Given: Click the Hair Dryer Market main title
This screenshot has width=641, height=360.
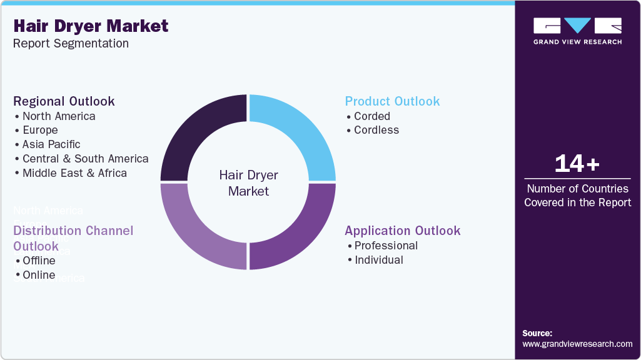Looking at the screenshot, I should [91, 26].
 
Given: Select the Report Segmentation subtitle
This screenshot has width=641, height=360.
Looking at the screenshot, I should [71, 44].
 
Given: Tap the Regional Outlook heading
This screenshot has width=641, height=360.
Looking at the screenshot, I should [64, 101].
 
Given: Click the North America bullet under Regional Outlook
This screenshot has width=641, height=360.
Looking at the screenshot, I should [59, 116].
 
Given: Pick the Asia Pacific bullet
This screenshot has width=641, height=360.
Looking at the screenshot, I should [51, 144].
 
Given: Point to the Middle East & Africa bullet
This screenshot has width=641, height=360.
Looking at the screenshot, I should [74, 173].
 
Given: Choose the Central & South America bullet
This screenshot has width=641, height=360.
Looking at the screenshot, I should [85, 159].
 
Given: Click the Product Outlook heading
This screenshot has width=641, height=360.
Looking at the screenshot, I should [392, 101].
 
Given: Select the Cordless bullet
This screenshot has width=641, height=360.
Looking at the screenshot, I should [376, 130].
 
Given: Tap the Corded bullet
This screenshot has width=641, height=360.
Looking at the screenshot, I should [371, 116].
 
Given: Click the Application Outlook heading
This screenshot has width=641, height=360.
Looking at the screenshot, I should [402, 231].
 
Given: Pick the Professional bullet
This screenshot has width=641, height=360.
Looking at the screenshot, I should [386, 246].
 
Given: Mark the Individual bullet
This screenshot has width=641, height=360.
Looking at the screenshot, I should [378, 260].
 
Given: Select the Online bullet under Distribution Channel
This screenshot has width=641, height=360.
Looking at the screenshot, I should [39, 275].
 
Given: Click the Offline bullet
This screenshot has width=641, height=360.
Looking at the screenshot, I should [39, 261].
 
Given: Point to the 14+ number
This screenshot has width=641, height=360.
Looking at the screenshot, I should [577, 164].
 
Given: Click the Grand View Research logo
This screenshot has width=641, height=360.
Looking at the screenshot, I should [577, 31].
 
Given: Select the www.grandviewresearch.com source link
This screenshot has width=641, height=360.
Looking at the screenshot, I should [577, 344].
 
